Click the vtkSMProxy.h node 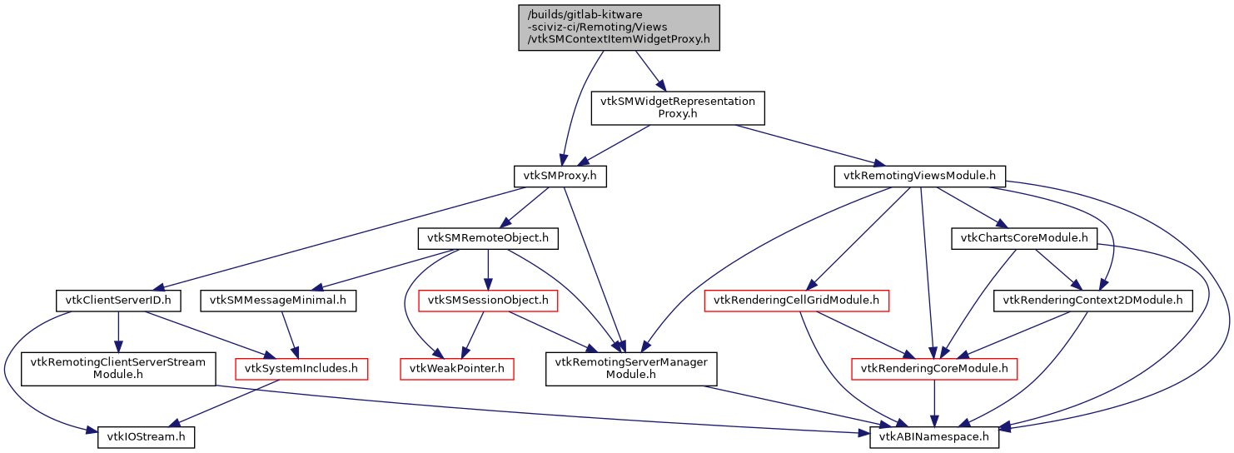pyautogui.click(x=560, y=177)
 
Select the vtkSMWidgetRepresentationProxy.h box pyautogui.click(x=677, y=107)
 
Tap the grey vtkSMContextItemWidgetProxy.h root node pyautogui.click(x=619, y=27)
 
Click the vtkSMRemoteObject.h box pyautogui.click(x=487, y=239)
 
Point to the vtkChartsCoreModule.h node pyautogui.click(x=1024, y=239)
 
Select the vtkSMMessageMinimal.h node pyautogui.click(x=278, y=301)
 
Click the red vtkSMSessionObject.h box pyautogui.click(x=487, y=301)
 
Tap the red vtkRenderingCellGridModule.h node pyautogui.click(x=797, y=301)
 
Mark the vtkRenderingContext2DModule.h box pyautogui.click(x=1092, y=301)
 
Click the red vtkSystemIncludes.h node pyautogui.click(x=301, y=368)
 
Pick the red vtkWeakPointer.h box pyautogui.click(x=456, y=368)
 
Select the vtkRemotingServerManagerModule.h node pyautogui.click(x=631, y=368)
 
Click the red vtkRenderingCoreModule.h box pyautogui.click(x=933, y=368)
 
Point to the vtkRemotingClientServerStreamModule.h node pyautogui.click(x=118, y=368)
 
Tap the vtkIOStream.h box pyautogui.click(x=146, y=436)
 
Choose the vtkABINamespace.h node pyautogui.click(x=933, y=436)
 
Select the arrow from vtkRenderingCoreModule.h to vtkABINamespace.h pyautogui.click(x=933, y=404)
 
